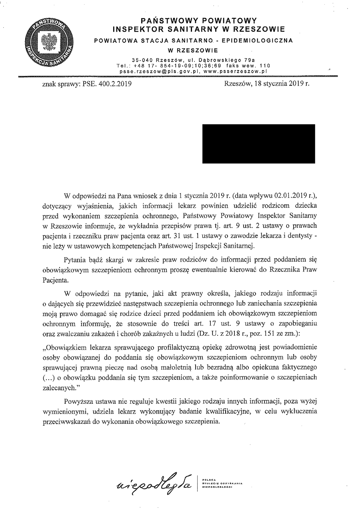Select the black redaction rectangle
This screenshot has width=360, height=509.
[x=258, y=144]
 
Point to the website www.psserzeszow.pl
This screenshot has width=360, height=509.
[x=234, y=71]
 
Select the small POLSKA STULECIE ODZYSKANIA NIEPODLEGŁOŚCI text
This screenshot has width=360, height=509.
[x=222, y=483]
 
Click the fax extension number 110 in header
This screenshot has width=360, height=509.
[x=265, y=66]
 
